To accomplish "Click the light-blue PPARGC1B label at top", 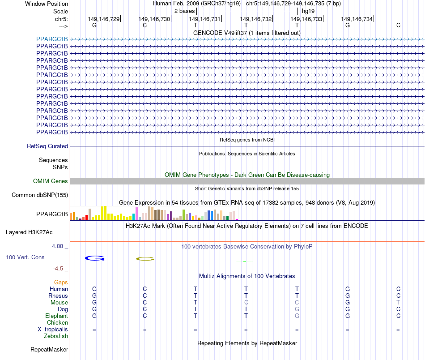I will pos(52,39).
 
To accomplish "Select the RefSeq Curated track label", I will pos(47,146).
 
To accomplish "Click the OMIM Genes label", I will pos(51,181).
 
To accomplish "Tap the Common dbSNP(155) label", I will pos(39,195).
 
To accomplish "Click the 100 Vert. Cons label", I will pos(25,257).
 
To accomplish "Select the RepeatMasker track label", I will pos(49,349).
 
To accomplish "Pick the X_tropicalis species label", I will pos(53,329).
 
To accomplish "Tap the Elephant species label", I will pos(56,316).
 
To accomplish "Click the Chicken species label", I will pos(57,322).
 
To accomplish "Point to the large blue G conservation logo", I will pos(94,258).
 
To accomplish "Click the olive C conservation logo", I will pos(145,258).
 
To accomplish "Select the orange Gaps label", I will pos(61,282).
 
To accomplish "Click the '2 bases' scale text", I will pos(184,11).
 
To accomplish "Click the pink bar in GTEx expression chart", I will pos(137,214).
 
